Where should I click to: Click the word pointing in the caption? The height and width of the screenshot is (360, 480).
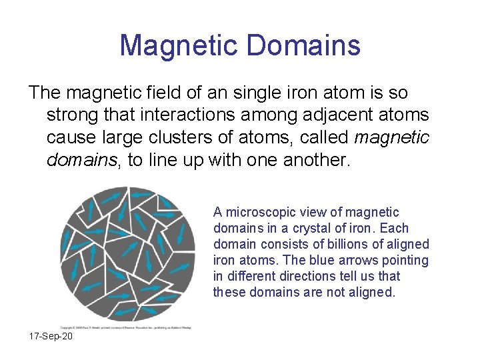pyautogui.click(x=406, y=260)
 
